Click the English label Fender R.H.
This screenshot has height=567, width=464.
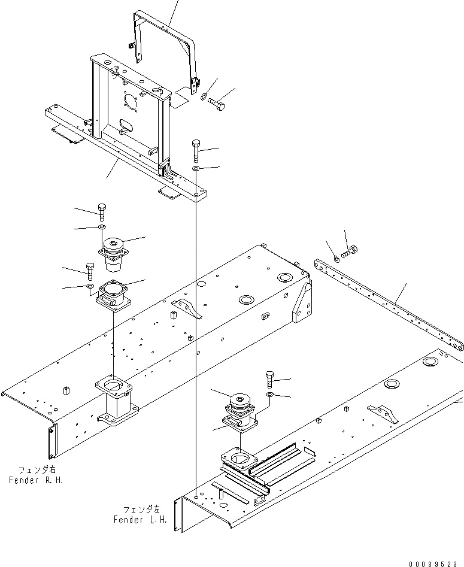coord(35,480)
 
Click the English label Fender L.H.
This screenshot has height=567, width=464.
coord(139,519)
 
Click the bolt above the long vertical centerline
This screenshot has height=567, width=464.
coord(196,150)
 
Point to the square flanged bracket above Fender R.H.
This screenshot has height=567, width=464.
coord(113,295)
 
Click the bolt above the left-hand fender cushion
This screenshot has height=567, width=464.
coord(269,380)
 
